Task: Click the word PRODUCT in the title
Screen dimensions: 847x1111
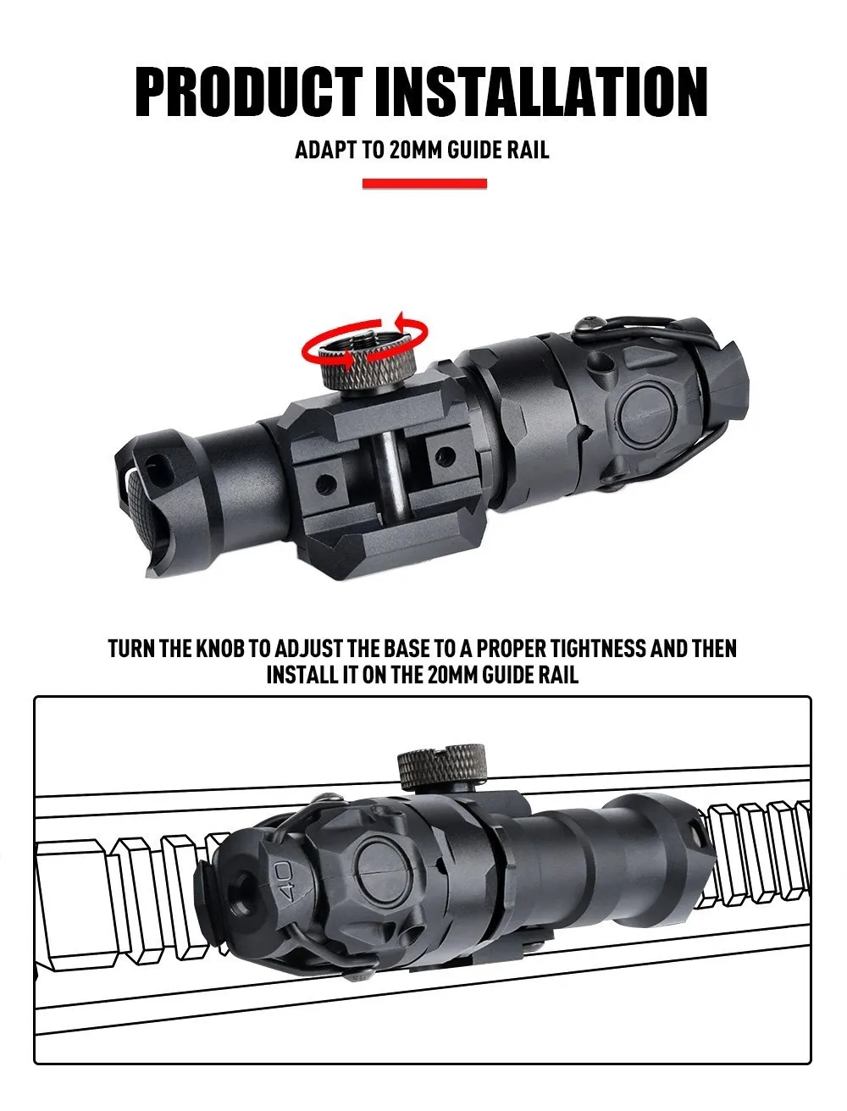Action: click(x=249, y=91)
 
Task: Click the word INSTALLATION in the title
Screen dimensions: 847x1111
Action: click(x=541, y=91)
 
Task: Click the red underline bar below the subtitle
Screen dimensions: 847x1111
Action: click(x=424, y=183)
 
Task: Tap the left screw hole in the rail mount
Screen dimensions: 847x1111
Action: click(x=325, y=484)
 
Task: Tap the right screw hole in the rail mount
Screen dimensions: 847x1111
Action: click(x=445, y=456)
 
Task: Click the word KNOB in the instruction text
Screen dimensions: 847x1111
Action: click(x=219, y=649)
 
